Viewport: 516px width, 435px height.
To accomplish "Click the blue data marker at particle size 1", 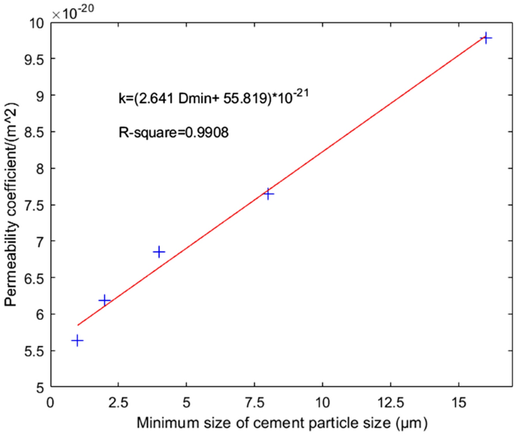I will coord(77,341).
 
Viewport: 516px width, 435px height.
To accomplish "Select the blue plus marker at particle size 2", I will coord(104,300).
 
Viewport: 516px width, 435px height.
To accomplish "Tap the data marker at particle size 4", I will coord(159,252).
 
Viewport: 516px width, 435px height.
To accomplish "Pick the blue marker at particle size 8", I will coord(268,194).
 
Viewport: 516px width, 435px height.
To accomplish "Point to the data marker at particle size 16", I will coord(487,38).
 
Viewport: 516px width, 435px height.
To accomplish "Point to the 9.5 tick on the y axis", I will coord(33,59).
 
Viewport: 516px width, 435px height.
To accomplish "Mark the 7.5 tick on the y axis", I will coord(33,205).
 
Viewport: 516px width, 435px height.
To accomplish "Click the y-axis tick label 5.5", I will coord(33,351).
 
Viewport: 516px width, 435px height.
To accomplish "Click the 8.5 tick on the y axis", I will coord(33,132).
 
